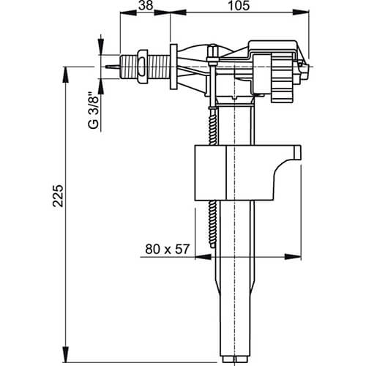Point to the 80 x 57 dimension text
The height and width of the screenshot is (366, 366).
tap(167, 250)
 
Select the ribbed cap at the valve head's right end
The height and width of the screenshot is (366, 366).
tap(281, 70)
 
